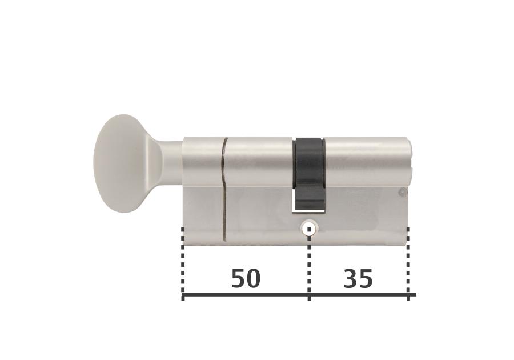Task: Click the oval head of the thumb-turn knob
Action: point(121,163)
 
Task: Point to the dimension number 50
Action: point(246,279)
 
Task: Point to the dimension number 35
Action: point(358,279)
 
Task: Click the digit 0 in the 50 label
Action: point(253,279)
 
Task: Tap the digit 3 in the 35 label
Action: point(351,279)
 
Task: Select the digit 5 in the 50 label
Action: point(238,279)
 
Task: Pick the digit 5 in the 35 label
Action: point(366,279)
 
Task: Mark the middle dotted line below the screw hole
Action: point(309,263)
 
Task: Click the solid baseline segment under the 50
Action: point(246,295)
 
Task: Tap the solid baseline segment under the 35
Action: point(358,295)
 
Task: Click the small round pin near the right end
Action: point(403,193)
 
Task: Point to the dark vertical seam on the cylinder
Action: point(224,189)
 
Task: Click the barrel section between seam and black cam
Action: point(260,162)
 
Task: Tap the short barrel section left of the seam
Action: point(203,162)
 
